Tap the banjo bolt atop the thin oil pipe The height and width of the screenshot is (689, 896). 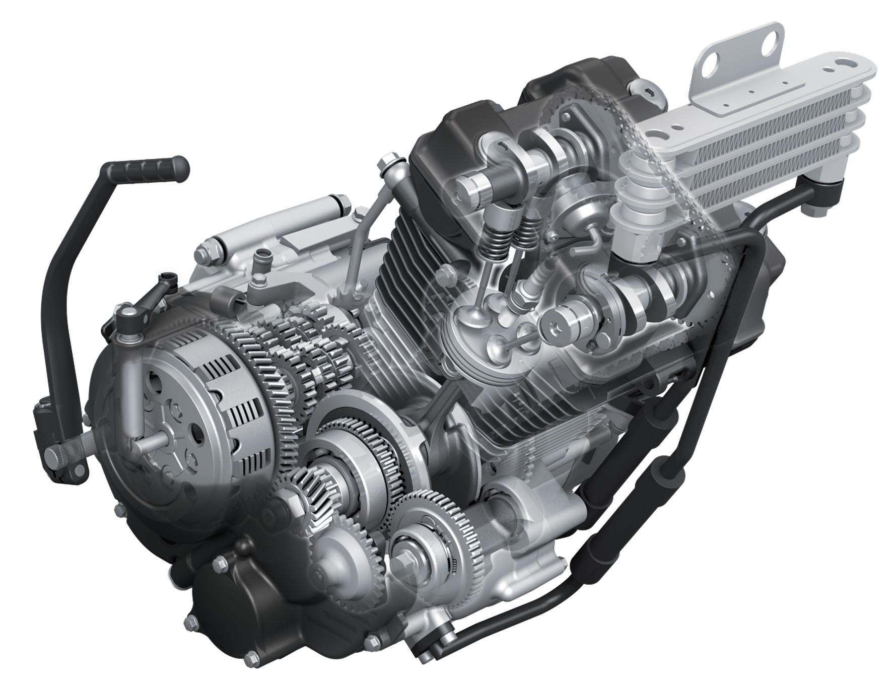tap(388, 163)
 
